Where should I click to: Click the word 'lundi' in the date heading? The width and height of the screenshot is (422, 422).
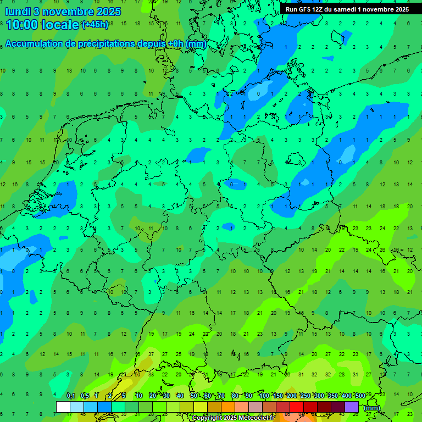[18, 11]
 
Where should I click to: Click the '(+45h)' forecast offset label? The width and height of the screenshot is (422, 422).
[95, 25]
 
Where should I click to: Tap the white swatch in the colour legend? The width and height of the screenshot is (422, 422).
[63, 407]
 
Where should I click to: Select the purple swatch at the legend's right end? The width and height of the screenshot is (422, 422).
[352, 407]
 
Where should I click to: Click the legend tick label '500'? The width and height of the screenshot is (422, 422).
[360, 396]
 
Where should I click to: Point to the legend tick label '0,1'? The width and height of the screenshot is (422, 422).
[71, 396]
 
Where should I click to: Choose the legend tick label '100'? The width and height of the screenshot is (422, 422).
[264, 396]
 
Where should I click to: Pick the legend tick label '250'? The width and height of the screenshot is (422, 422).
[306, 396]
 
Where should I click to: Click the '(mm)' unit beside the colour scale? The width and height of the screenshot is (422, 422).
[372, 408]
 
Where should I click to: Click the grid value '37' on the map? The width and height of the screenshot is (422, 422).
[151, 354]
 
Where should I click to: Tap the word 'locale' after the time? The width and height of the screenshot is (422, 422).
[61, 25]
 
